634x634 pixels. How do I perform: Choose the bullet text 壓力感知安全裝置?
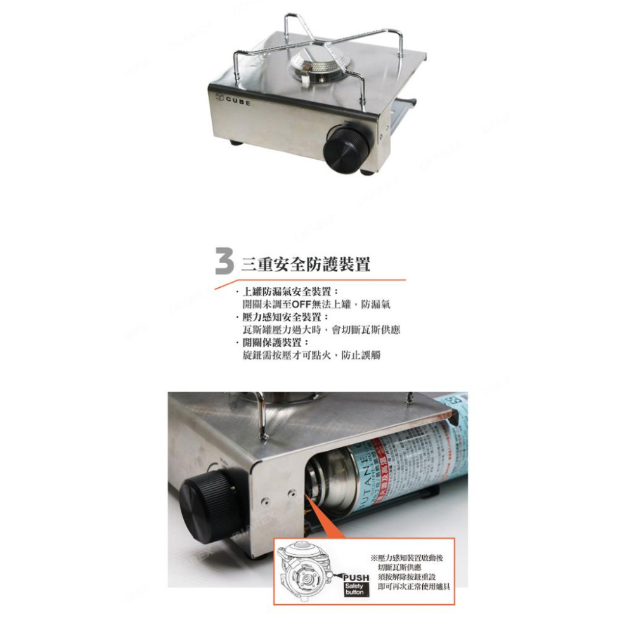[281, 317]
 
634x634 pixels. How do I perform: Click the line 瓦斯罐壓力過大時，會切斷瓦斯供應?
[321, 330]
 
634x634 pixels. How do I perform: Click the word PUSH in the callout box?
[356, 578]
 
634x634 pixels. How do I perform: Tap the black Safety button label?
[355, 590]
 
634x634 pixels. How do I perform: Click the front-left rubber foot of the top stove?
[235, 142]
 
